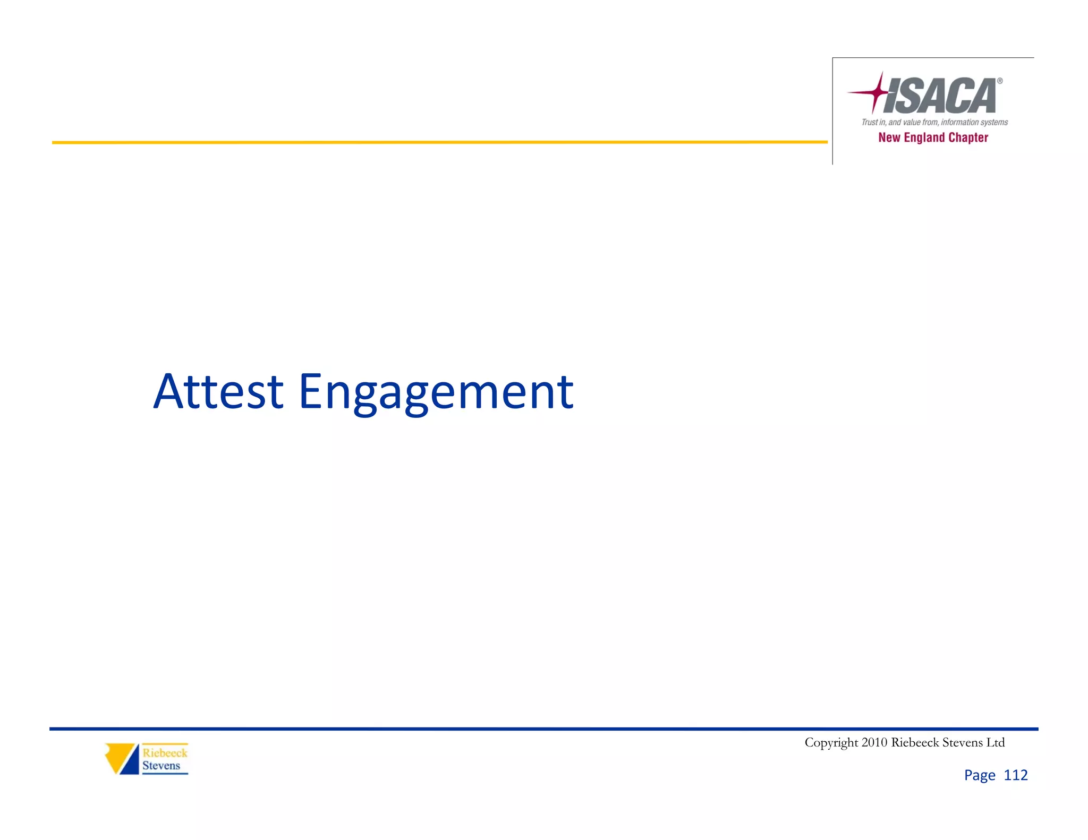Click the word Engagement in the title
tap(436, 393)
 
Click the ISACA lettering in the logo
tap(940, 96)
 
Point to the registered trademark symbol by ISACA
tap(1000, 81)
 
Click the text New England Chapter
tap(933, 138)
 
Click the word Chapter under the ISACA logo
tap(968, 138)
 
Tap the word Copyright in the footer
tap(831, 742)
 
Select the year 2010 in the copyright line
tap(874, 742)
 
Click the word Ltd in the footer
tap(995, 742)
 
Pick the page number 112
tap(1016, 775)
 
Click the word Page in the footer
tap(980, 775)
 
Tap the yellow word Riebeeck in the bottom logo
tap(165, 753)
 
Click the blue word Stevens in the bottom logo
tap(161, 766)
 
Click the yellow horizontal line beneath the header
tap(425, 142)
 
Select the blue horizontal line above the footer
tap(531, 729)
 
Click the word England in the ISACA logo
tap(924, 138)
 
